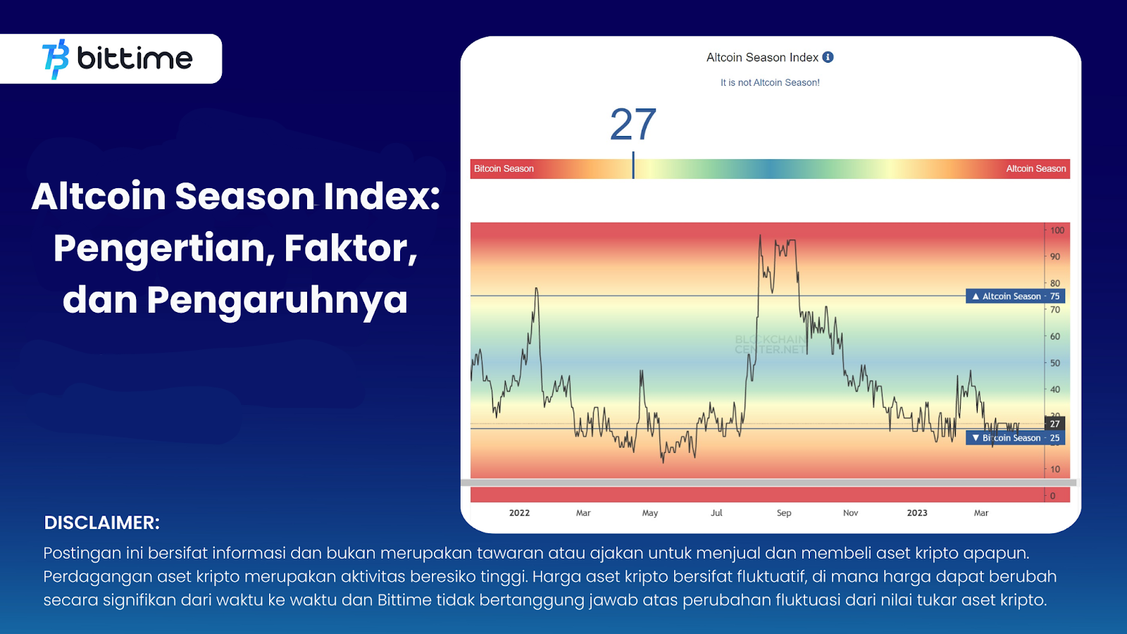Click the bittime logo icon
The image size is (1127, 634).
[x=56, y=58]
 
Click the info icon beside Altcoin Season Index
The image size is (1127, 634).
[x=828, y=57]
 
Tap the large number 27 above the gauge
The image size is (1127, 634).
[x=633, y=125]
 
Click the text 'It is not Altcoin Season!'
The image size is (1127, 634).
[x=770, y=82]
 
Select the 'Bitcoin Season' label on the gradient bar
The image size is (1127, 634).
[x=504, y=169]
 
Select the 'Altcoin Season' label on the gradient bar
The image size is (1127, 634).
[x=1035, y=169]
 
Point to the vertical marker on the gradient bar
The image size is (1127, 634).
[x=633, y=166]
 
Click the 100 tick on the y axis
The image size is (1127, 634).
[x=1057, y=230]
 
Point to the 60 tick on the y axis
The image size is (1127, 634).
[x=1054, y=337]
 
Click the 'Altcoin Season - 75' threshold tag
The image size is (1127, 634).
[x=1015, y=297]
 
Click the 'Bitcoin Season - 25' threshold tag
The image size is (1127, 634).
[x=1015, y=438]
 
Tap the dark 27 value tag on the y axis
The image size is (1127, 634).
[x=1054, y=423]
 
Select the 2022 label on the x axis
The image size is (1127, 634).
[x=519, y=513]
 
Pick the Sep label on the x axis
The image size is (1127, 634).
[x=784, y=513]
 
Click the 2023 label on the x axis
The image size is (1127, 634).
[x=917, y=513]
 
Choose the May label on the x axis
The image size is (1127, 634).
[x=649, y=513]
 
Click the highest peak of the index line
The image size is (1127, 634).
[x=760, y=236]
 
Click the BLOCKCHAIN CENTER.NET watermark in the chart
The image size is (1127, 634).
[x=770, y=344]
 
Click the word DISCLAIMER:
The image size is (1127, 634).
[x=102, y=523]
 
